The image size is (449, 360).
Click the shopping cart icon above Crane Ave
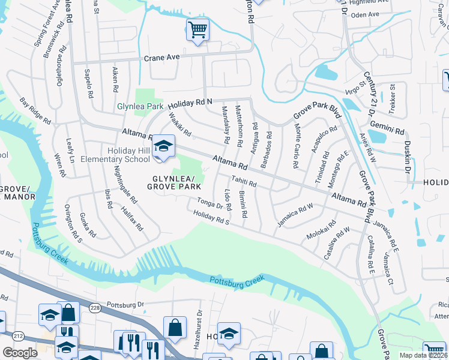click(x=197, y=29)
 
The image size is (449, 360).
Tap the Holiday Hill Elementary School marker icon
click(x=163, y=147)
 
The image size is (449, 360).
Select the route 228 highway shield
click(x=95, y=308)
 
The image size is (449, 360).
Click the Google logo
click(x=20, y=352)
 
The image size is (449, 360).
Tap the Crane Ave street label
click(x=162, y=58)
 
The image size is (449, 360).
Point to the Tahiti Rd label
click(x=244, y=183)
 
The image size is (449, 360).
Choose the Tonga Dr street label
click(x=211, y=205)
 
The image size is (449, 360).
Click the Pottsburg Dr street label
click(x=125, y=305)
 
